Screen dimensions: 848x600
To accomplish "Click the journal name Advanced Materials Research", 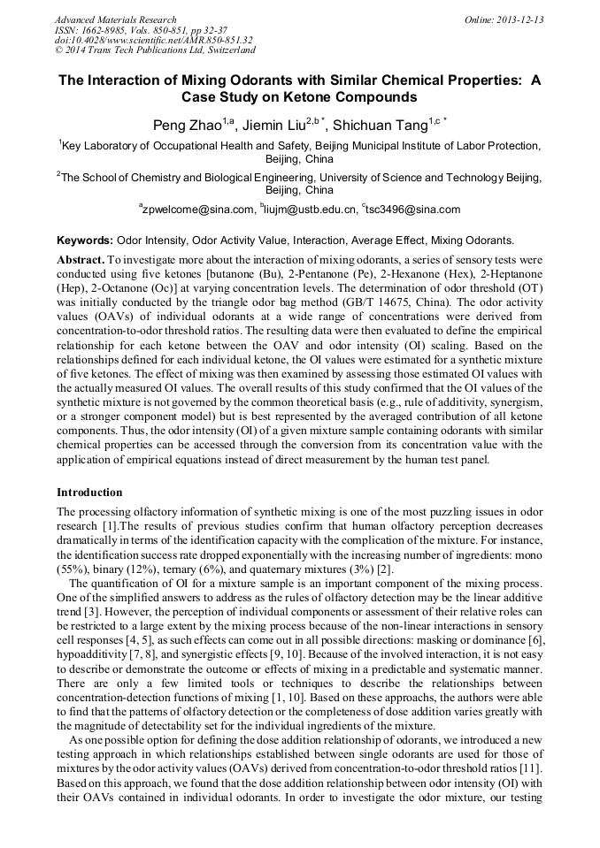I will (116, 19).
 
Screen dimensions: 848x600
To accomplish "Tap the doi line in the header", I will (153, 40).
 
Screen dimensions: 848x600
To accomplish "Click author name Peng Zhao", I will (182, 126).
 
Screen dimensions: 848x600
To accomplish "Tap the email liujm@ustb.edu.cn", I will (309, 210).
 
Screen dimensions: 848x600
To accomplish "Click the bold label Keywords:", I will (85, 241).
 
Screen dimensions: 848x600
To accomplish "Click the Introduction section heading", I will (89, 493).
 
